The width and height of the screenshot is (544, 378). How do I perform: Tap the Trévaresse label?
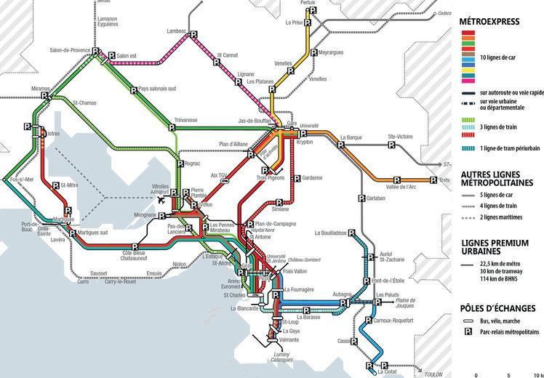pos(185,120)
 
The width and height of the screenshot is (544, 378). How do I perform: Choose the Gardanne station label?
pos(312,178)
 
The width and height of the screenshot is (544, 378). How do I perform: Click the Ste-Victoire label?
pos(401,136)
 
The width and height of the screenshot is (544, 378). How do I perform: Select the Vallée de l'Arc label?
pos(404,189)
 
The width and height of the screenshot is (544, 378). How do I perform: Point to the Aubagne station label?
pos(343,293)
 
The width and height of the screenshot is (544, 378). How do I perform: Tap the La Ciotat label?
pos(388,372)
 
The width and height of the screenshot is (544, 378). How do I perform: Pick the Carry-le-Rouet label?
pos(100,281)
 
